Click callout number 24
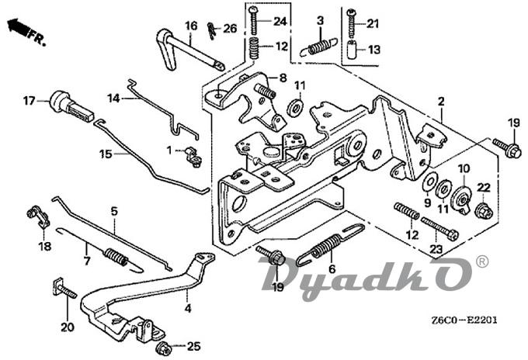[x=280, y=20]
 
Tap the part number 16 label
[x=191, y=26]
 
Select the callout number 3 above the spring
[x=320, y=19]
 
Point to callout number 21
[x=373, y=23]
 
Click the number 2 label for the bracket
[x=440, y=102]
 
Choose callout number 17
[x=29, y=100]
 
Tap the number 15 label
[x=106, y=154]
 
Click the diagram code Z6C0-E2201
[x=461, y=320]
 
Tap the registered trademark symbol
[x=482, y=262]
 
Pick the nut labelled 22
[x=481, y=208]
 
